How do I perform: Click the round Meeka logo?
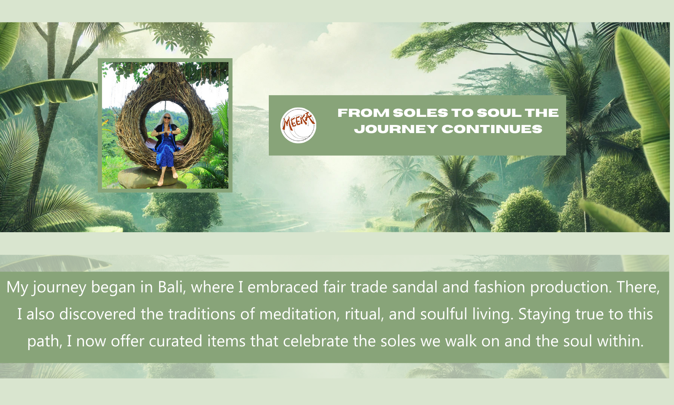pos(298,125)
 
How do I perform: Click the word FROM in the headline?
pos(363,113)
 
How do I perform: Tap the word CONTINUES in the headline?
pos(492,129)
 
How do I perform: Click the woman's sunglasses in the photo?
pos(167,117)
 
